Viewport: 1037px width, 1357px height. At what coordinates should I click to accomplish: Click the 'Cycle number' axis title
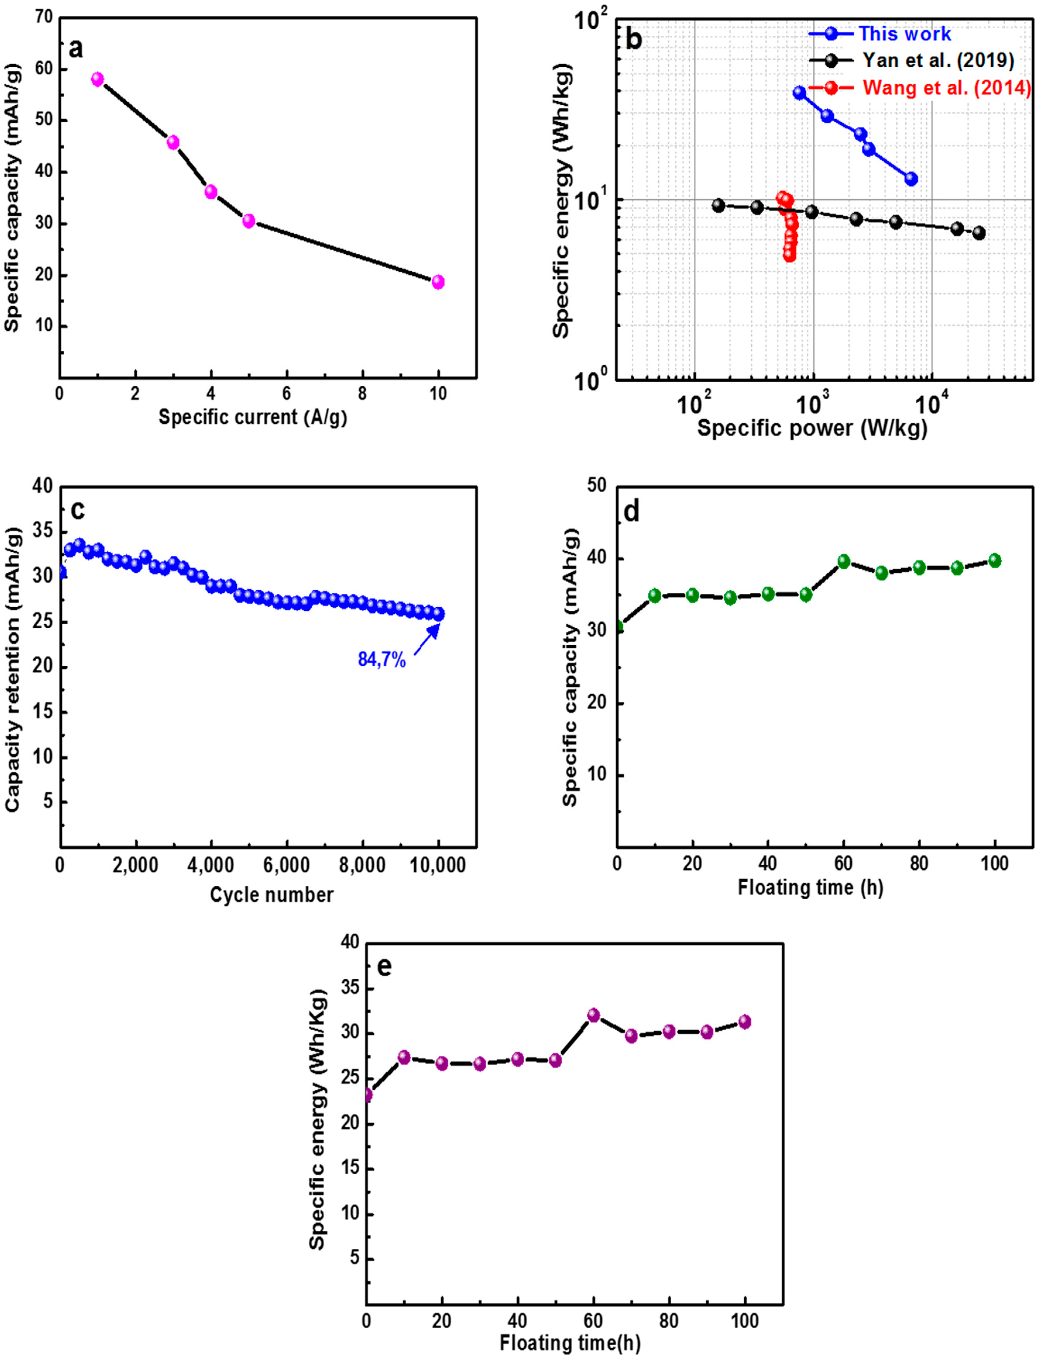click(272, 894)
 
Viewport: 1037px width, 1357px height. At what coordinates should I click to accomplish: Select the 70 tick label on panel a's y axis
click(43, 17)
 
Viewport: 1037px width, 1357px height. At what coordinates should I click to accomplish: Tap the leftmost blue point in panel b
click(799, 92)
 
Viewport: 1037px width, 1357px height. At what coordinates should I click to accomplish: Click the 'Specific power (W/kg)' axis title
click(812, 428)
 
